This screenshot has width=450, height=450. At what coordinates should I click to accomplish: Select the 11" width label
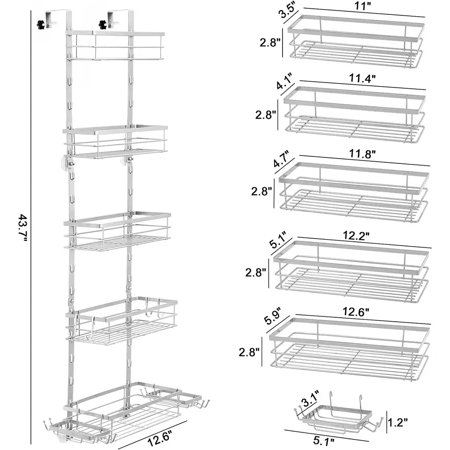coord(363,6)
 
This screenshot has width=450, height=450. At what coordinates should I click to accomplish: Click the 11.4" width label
coord(363,78)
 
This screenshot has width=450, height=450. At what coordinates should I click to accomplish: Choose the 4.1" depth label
coord(285,81)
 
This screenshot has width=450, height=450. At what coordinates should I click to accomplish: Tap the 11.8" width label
coord(362,154)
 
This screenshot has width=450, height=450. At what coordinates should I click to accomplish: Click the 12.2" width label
coord(356,236)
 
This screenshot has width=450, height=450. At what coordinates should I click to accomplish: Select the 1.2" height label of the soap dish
coord(397,422)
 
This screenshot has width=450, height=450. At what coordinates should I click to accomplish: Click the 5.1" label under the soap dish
coord(324,441)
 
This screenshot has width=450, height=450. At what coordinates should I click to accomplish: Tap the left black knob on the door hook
coord(41,25)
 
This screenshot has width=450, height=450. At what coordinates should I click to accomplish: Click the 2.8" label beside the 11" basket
coord(270,43)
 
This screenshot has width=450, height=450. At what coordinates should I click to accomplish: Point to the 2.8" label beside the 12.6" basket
coord(249,352)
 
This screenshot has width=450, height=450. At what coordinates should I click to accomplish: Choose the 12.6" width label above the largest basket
coord(356,312)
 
